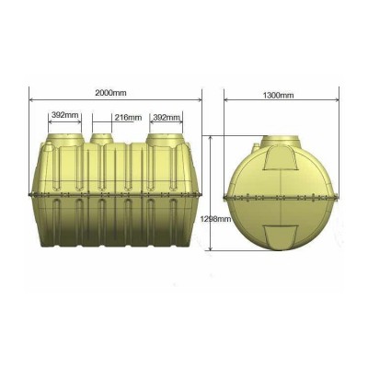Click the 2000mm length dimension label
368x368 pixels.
[110, 93]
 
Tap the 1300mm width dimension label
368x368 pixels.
[278, 96]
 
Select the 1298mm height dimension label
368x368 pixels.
[215, 219]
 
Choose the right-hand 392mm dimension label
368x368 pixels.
[166, 118]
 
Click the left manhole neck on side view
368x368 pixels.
[65, 139]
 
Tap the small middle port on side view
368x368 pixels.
[102, 139]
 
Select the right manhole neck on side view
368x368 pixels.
[165, 139]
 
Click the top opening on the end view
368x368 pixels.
[281, 141]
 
